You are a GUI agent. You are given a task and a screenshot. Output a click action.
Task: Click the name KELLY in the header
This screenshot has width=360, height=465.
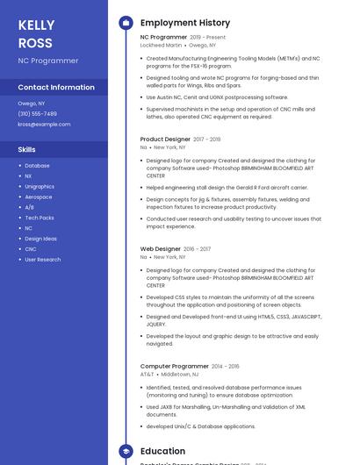point(36,25)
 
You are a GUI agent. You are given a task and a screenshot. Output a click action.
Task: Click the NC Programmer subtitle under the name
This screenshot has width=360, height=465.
point(47,61)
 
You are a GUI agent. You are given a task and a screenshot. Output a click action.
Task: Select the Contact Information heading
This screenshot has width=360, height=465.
point(56,88)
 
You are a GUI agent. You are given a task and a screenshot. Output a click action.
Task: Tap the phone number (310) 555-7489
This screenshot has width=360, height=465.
point(37,113)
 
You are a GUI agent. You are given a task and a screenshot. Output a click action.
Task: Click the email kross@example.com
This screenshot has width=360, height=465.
point(44,124)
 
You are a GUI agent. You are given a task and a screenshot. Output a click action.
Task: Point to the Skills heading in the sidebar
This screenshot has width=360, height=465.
point(26,149)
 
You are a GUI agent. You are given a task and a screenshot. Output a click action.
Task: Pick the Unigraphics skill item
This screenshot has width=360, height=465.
point(40,186)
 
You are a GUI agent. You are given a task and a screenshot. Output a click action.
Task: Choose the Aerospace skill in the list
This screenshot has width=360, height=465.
point(38,197)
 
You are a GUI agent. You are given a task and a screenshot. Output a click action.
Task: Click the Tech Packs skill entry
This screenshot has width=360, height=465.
point(40,218)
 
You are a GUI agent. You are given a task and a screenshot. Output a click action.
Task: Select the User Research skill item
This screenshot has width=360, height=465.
point(43,260)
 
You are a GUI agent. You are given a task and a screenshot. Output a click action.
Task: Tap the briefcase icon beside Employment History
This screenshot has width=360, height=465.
point(126,22)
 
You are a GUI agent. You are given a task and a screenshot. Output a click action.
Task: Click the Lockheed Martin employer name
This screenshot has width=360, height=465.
point(161,45)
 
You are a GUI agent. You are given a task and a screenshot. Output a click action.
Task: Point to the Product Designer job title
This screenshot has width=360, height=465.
point(165,139)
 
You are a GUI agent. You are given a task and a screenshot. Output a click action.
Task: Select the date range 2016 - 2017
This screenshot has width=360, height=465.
point(198,249)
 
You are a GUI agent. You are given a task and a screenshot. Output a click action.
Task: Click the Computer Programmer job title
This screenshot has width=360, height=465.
point(175,366)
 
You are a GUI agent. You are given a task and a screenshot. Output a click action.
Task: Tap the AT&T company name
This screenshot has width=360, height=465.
point(147,374)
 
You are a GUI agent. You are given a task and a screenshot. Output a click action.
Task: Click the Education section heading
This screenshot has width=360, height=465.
point(163,451)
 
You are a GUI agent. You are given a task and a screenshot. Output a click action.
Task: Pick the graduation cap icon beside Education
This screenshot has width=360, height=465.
point(126,451)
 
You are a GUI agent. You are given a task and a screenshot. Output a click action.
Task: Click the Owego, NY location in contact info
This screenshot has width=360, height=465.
point(32,103)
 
